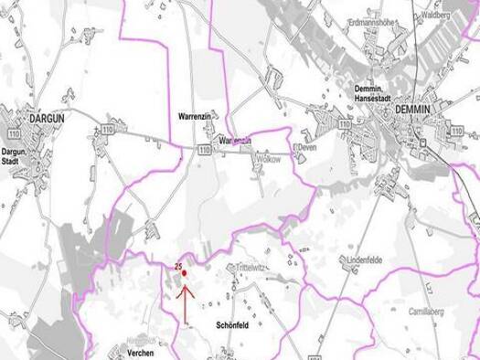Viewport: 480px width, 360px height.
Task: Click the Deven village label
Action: tap(306, 147)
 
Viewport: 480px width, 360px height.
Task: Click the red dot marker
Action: tap(184, 272)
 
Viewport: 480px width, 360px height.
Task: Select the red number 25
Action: tap(177, 266)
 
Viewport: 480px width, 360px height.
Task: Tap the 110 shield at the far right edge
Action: tap(455, 133)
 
